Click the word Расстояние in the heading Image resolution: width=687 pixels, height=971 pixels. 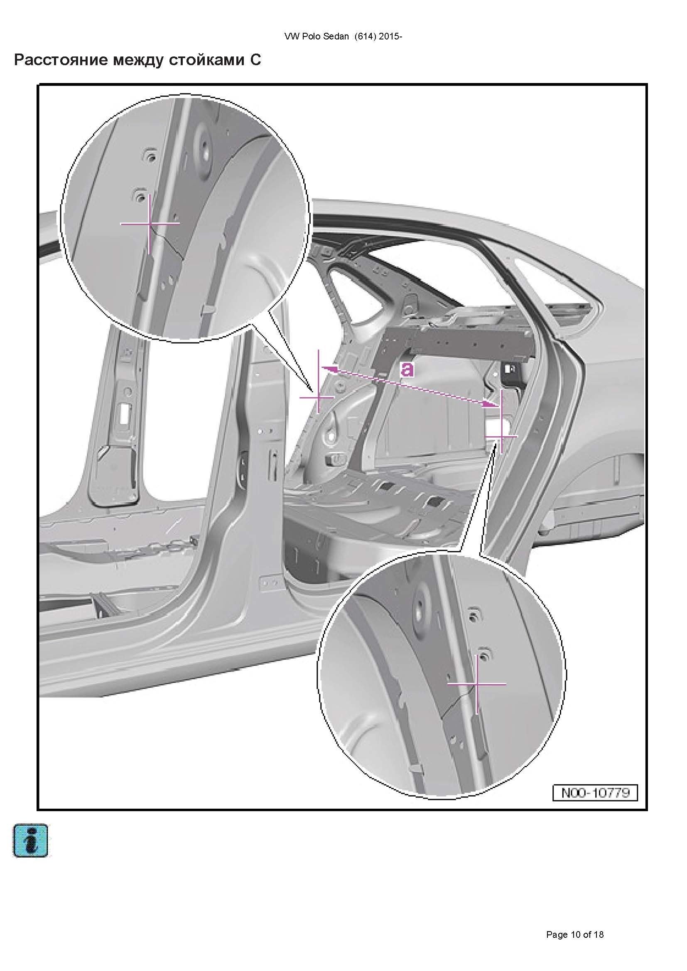(60, 60)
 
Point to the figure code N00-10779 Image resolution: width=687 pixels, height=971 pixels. (595, 792)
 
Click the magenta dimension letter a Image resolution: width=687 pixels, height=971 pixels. (407, 369)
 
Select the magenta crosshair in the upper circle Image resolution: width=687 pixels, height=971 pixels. (150, 223)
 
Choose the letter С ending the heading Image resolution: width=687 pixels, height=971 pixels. (255, 60)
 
